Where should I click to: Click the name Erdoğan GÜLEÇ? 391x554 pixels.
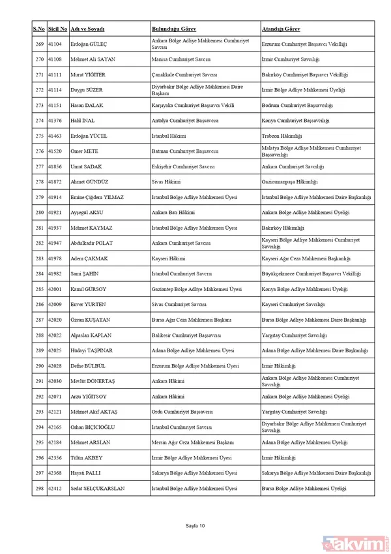point(91,44)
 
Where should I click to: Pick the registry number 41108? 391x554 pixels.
point(57,59)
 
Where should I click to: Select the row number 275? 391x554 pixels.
point(39,136)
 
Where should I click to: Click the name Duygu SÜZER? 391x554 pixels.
point(87,90)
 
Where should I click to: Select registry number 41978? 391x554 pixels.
point(57,258)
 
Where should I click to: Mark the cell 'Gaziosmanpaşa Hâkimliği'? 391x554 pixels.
point(289,182)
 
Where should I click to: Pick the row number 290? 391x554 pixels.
point(39,366)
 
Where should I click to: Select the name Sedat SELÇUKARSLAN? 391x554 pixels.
point(98,488)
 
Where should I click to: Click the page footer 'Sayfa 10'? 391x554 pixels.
point(195,525)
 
